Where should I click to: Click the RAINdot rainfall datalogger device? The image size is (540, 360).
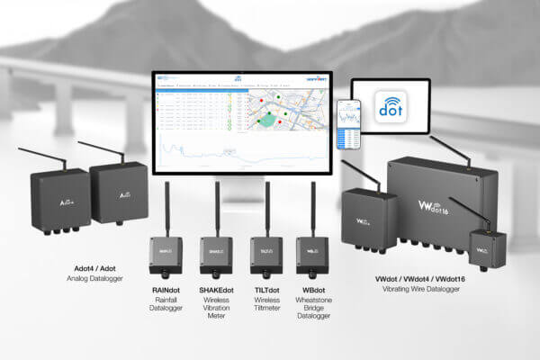(165, 254)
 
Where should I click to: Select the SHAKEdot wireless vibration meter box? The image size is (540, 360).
(216, 254)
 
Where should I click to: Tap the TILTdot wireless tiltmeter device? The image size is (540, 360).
(267, 254)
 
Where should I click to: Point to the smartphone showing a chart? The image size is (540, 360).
(348, 125)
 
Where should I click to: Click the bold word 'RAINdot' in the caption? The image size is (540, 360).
(165, 291)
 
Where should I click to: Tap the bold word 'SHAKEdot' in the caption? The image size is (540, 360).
(216, 291)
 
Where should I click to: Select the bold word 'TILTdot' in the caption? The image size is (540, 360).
(267, 291)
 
